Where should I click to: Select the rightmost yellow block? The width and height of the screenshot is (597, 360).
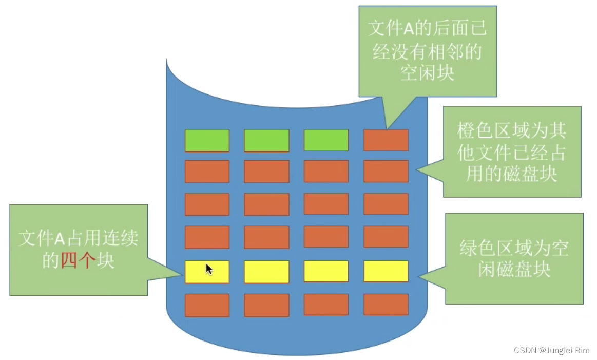click(386, 272)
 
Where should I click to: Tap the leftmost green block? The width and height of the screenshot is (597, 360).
click(207, 141)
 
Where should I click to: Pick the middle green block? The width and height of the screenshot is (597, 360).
click(266, 141)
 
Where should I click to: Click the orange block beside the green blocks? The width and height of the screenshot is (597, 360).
click(386, 141)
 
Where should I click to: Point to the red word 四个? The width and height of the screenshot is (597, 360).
click(78, 261)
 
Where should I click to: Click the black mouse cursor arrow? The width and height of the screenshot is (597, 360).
click(209, 270)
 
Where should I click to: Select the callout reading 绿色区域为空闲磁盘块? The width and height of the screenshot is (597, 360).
click(514, 258)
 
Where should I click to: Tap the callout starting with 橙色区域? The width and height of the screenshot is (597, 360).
click(512, 152)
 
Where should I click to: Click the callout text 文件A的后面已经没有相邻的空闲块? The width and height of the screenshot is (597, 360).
click(427, 50)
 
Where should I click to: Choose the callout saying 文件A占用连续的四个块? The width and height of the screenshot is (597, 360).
click(79, 250)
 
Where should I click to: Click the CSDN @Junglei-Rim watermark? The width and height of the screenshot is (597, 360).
click(552, 350)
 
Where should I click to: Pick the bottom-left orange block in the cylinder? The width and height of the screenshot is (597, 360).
click(207, 305)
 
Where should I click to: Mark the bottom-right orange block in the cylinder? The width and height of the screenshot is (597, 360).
click(386, 305)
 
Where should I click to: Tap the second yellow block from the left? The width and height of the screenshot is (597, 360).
click(266, 272)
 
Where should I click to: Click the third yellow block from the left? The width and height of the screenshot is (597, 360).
click(326, 272)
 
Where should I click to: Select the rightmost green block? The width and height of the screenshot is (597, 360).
click(326, 141)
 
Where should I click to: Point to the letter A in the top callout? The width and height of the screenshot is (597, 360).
click(407, 29)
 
